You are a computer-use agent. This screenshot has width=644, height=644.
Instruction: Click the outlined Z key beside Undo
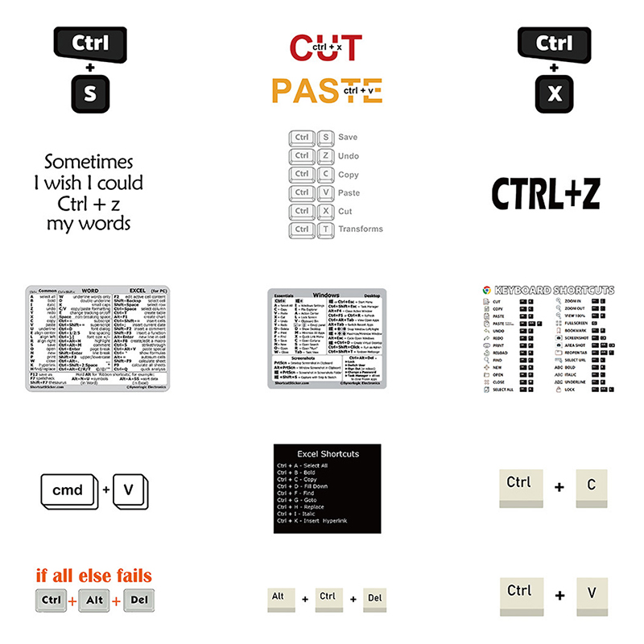coord(326,155)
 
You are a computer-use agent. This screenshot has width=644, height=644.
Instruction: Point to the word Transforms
coord(361,229)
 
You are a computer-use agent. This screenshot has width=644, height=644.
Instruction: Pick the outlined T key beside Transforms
coord(326,229)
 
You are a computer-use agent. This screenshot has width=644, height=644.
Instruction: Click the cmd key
coord(68,489)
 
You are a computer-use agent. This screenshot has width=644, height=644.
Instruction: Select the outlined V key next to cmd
coord(128,489)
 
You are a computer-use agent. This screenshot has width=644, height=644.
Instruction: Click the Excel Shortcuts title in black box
coord(328,454)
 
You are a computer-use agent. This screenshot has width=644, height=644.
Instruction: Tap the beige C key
coord(591,485)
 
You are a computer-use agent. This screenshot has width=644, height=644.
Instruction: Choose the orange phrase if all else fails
coord(93,576)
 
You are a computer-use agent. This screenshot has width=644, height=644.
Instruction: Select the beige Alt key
coord(279,597)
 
